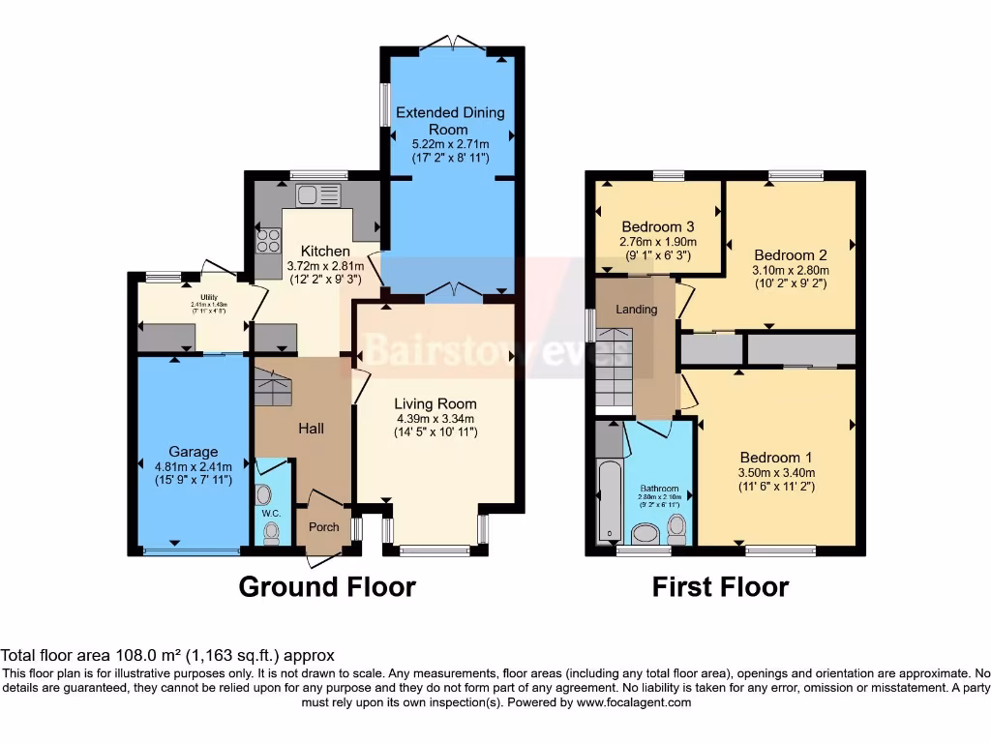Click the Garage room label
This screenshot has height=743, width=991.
(x=193, y=451)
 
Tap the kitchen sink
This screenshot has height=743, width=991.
(x=316, y=194)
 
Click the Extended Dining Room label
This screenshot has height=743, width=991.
(x=450, y=121)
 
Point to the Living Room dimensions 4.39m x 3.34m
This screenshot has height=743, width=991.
(x=435, y=419)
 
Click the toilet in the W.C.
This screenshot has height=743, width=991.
(x=272, y=530)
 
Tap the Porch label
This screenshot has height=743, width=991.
(x=323, y=527)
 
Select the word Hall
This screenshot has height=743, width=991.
(x=311, y=429)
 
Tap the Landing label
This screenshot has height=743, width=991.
(x=637, y=310)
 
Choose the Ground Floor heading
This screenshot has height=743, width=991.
(x=327, y=586)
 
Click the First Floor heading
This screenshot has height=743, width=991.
(x=720, y=586)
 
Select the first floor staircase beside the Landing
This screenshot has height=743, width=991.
(x=614, y=368)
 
